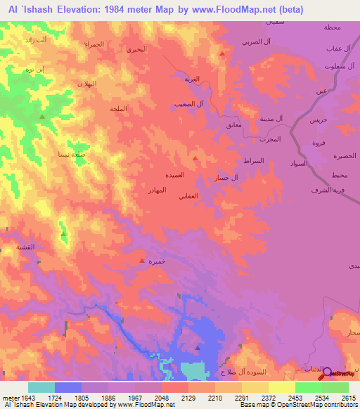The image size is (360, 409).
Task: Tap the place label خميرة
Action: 157,261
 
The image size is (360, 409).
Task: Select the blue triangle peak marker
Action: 198,347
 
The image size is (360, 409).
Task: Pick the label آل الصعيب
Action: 188,104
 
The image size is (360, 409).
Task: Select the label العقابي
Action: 194,195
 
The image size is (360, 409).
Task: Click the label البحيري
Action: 135,50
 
